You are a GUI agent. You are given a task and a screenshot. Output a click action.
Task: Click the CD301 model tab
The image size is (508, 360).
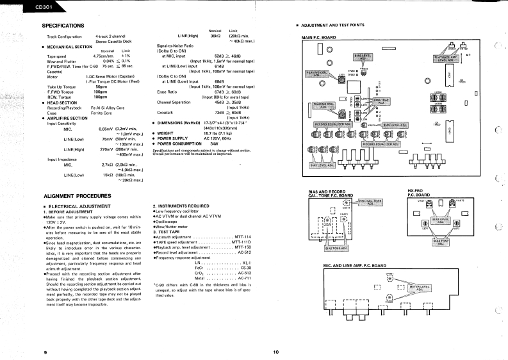click(18, 7)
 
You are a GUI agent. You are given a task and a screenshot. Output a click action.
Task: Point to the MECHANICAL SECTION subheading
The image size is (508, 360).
click(70, 46)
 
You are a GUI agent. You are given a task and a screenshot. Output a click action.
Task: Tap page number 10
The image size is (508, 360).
click(275, 352)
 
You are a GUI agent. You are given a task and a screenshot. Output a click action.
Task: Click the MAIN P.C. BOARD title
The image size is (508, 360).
click(318, 38)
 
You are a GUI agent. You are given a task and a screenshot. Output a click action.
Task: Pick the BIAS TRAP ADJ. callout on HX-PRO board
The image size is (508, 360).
click(442, 242)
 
